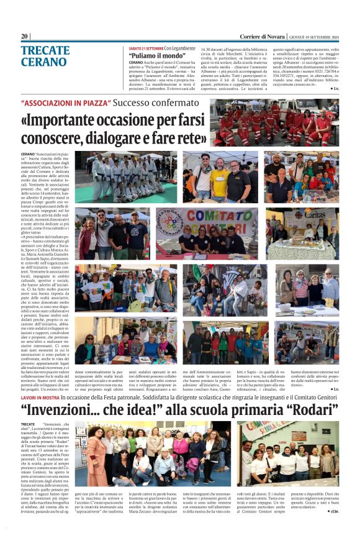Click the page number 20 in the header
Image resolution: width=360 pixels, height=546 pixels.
tap(25, 36)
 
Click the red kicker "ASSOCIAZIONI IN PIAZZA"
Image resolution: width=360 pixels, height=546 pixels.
tap(65, 103)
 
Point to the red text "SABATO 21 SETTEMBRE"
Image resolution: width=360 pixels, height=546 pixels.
tap(146, 48)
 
